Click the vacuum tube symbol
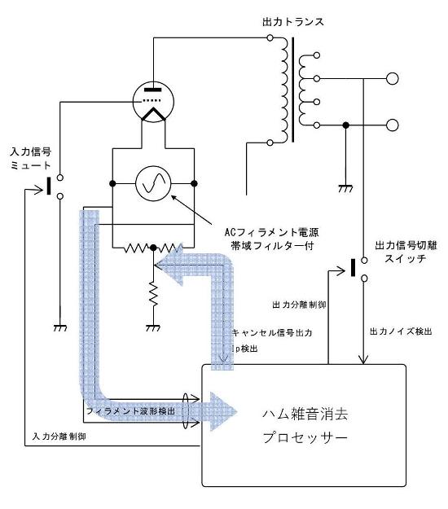pos(153,102)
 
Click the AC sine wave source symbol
pos(153,184)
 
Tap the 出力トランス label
pos(293,22)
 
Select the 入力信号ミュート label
pos(30,159)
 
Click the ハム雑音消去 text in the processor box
pos(305,415)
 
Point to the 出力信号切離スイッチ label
pos(406,252)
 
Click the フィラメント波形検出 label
pos(130,411)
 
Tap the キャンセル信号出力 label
pos(272,333)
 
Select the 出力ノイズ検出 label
pos(401,331)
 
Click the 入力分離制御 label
pos(59,437)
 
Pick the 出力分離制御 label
pos(299,305)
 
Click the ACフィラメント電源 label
pos(271,232)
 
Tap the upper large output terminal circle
pos(392,78)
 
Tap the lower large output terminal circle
pos(392,125)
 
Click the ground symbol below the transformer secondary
pos(345,189)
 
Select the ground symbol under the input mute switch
pos(60,328)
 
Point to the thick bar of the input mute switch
pos(49,186)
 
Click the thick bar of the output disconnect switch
pos(354,268)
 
